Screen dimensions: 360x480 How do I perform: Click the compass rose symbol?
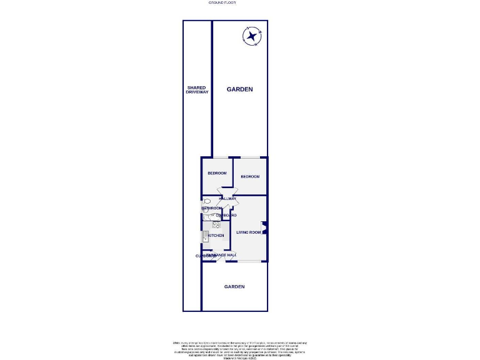[x=252, y=36]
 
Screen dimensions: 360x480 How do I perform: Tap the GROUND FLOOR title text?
[x=221, y=2]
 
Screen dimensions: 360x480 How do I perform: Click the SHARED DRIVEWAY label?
[x=197, y=90]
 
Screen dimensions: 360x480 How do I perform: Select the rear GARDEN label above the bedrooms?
[x=239, y=89]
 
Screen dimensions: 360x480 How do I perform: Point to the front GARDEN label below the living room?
[x=234, y=286]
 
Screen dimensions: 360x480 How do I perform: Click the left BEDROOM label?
[x=217, y=173]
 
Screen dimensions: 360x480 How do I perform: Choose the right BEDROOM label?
[x=249, y=177]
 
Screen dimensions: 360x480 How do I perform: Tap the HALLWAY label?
[x=227, y=199]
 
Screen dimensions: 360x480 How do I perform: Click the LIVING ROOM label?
[x=248, y=232]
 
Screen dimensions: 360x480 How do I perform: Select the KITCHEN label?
[x=216, y=236]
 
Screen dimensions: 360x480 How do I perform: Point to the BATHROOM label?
[x=212, y=208]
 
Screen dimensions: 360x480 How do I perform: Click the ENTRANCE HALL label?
[x=222, y=256]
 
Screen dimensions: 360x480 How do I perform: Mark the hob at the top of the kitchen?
[x=216, y=225]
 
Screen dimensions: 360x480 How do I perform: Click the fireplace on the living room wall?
[x=265, y=229]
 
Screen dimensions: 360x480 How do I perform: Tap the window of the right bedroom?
[x=250, y=157]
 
